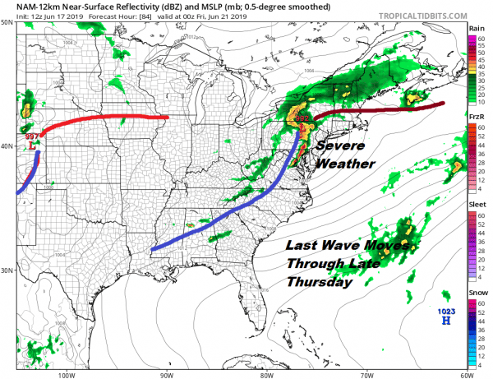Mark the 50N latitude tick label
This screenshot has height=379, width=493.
coord(7,22)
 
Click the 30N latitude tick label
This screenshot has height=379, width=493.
coord(7,270)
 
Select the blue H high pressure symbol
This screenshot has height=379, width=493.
coord(446,321)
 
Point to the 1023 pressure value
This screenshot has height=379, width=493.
coord(445,311)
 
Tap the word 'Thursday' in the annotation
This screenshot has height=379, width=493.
coord(319,282)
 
